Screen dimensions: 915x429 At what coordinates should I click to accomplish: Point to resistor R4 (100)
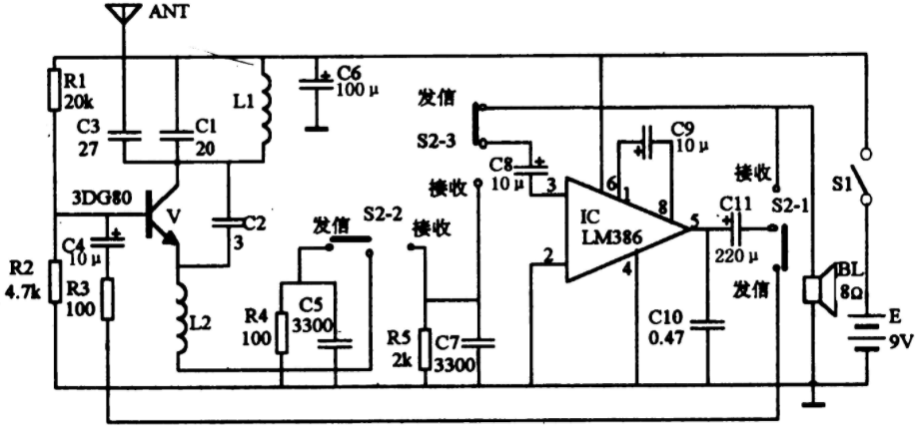[x=282, y=332]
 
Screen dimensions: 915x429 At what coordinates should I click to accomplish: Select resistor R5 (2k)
[x=426, y=348]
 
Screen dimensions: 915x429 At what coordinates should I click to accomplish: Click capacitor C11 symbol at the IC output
[x=734, y=228]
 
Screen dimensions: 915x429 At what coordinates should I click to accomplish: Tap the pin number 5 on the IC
[x=694, y=220]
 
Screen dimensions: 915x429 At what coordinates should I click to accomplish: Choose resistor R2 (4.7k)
[x=54, y=282]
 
